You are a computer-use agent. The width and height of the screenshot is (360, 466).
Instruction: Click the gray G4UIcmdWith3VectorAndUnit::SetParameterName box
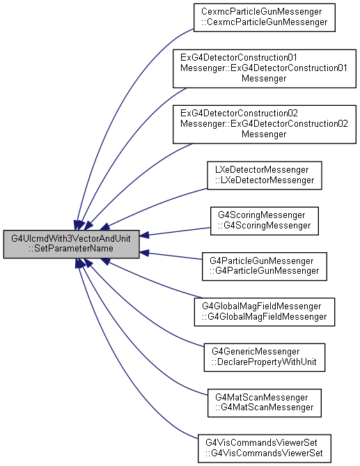click(71, 244)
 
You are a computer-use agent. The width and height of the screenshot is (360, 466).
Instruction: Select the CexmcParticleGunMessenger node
click(265, 17)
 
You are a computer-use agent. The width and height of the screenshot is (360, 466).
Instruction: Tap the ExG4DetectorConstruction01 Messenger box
click(265, 69)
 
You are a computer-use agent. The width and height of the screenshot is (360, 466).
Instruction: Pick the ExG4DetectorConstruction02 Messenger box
click(265, 124)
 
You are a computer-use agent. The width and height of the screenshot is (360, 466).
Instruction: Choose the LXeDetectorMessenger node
click(265, 176)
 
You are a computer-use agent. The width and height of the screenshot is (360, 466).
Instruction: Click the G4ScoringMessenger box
click(265, 221)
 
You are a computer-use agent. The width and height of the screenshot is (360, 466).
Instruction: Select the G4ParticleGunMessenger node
click(265, 266)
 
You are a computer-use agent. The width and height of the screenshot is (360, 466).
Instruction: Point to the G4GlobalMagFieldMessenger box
click(265, 312)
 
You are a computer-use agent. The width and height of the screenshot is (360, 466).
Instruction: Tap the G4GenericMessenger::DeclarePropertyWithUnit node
click(265, 357)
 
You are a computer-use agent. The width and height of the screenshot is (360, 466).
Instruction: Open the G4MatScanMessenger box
click(265, 403)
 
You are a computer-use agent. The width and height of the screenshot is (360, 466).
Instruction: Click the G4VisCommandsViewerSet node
click(265, 448)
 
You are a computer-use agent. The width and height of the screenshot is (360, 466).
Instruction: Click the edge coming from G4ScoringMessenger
click(175, 232)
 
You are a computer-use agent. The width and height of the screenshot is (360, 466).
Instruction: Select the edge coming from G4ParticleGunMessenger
click(171, 256)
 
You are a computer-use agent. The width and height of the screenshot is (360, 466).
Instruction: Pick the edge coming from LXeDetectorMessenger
click(155, 205)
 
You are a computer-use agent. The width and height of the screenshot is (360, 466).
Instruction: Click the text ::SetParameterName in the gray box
click(71, 249)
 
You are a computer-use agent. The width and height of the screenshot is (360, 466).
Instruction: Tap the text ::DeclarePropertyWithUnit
click(264, 362)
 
